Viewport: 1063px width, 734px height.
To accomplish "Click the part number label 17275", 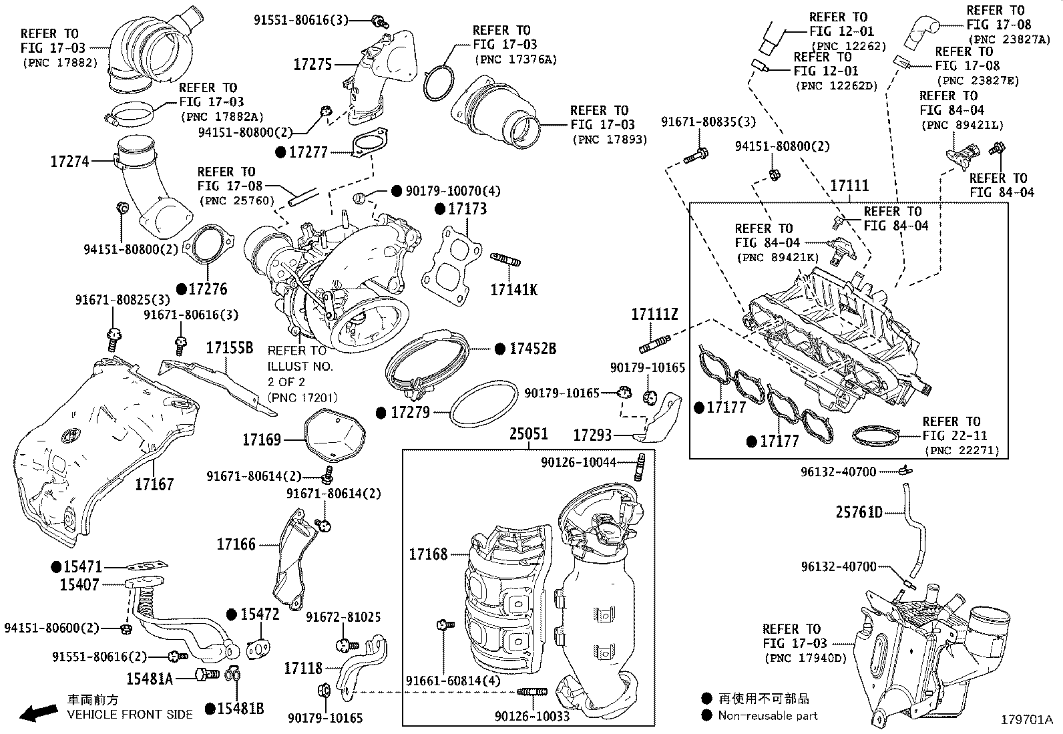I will pyautogui.click(x=312, y=64).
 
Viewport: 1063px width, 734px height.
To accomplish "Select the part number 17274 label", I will pyautogui.click(x=69, y=161).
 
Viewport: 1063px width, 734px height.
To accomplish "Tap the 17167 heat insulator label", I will pyautogui.click(x=154, y=484).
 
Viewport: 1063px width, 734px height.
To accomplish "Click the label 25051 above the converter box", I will pyautogui.click(x=529, y=433).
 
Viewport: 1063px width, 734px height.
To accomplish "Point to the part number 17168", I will pyautogui.click(x=428, y=554).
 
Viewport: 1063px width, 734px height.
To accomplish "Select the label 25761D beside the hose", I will pyautogui.click(x=859, y=512).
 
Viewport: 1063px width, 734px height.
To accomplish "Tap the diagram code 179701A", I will pyautogui.click(x=1026, y=720).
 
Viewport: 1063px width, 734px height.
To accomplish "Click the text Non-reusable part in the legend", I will pyautogui.click(x=768, y=715).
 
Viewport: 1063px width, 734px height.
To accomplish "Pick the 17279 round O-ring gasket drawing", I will pyautogui.click(x=484, y=404).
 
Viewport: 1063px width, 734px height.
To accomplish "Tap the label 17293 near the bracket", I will pyautogui.click(x=592, y=435).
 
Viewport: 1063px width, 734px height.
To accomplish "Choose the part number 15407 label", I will pyautogui.click(x=79, y=584).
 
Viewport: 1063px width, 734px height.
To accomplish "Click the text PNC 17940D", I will pyautogui.click(x=805, y=658).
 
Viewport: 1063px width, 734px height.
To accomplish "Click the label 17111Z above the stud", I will pyautogui.click(x=655, y=313).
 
